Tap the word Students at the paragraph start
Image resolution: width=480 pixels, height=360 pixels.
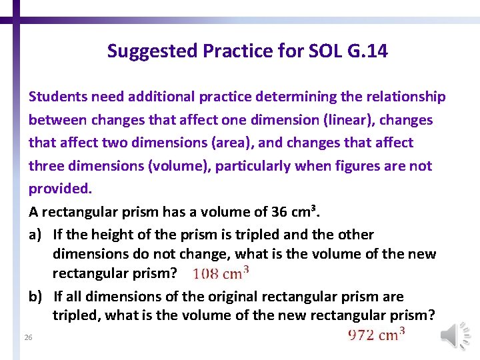pos(58,97)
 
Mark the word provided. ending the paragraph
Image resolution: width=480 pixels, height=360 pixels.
pos(60,189)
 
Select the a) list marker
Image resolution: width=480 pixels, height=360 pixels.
pos(37,235)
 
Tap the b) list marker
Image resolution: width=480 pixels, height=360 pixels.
pos(37,296)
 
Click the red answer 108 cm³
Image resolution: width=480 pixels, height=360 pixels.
pos(221,273)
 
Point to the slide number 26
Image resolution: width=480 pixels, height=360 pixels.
pos(27,338)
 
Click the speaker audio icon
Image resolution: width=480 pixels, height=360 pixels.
pos(455,335)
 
